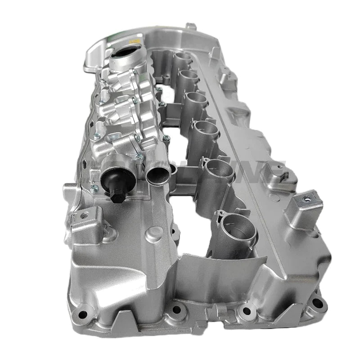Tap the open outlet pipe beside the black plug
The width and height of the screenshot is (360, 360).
click(x=158, y=172)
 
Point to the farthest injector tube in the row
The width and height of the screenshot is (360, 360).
click(x=183, y=59)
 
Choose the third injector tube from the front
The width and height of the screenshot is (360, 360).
click(x=206, y=130)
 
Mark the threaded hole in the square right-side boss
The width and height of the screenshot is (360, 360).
click(x=307, y=197)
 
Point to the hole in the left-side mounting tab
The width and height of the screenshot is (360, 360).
click(x=82, y=216)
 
